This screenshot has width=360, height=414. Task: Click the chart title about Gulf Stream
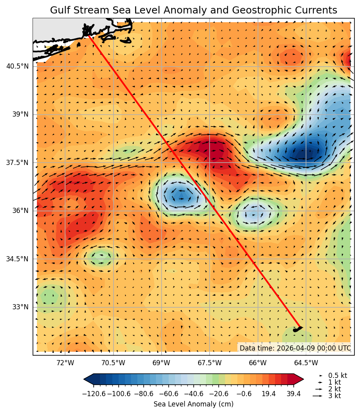point(193,10)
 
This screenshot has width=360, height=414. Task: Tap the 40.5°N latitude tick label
point(17,66)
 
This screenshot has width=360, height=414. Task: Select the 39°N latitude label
point(21,115)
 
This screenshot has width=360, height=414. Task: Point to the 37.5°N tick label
point(17,163)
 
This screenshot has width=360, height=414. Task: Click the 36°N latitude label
point(21,211)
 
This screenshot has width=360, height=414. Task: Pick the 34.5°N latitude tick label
point(17,259)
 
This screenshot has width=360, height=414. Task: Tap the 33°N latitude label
point(21,307)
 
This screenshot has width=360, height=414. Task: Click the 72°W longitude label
point(65,362)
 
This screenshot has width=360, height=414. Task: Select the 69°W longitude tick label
point(162,362)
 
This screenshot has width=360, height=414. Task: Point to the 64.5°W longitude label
point(306,362)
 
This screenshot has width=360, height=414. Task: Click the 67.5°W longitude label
point(210,362)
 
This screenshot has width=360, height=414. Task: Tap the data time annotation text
point(295,348)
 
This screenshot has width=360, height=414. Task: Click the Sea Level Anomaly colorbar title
point(193,404)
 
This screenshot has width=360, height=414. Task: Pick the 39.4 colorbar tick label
point(293,393)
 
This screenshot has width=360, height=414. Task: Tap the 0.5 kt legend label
point(337,375)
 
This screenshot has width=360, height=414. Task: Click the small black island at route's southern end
point(297,329)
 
